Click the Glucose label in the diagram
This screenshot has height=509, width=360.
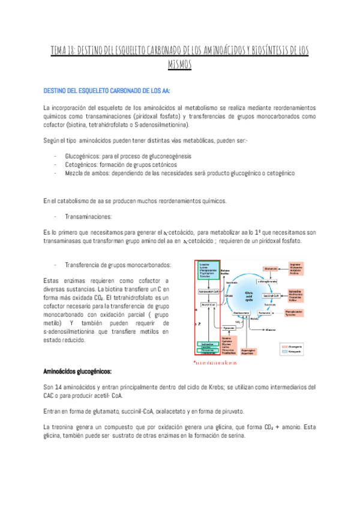tap(271, 330)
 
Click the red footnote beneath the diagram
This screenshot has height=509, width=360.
tap(215, 363)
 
